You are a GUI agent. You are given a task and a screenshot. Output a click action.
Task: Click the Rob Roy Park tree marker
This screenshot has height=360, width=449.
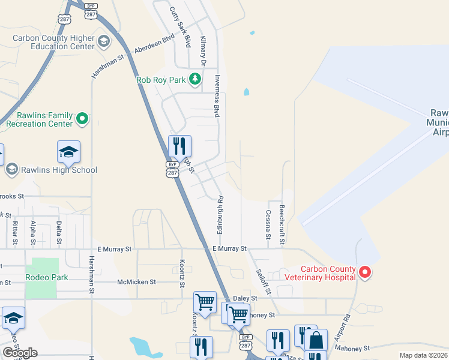[194, 79]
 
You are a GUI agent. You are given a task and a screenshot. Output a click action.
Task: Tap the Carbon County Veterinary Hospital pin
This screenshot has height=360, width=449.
[365, 273]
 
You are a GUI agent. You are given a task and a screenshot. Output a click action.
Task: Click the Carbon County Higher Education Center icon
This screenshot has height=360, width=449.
[104, 41]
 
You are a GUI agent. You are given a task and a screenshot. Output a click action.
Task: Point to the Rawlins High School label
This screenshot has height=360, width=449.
[59, 170]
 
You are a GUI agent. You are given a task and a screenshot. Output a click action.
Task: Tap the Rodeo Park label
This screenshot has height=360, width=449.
[47, 277]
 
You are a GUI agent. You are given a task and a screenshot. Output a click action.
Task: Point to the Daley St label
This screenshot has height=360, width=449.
[245, 298]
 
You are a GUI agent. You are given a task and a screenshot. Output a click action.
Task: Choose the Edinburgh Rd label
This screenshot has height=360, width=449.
[220, 215]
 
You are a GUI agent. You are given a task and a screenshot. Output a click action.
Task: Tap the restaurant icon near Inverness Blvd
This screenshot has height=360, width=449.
[179, 146]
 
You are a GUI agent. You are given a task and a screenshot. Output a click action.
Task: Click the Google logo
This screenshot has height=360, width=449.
[20, 353]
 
